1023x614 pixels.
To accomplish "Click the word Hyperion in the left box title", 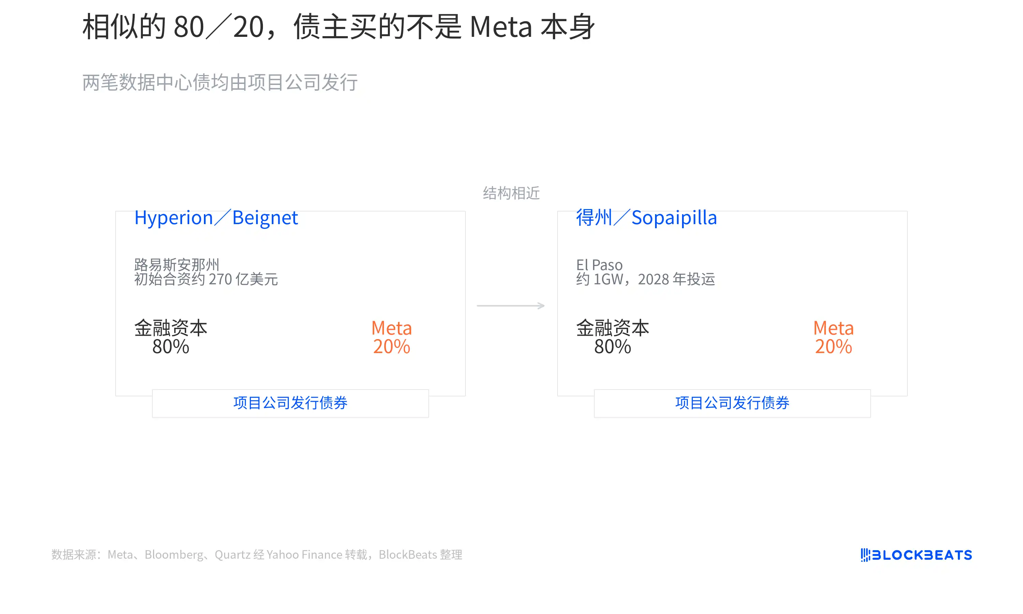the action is pos(174,218).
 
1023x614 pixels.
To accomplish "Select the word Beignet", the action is pos(265,218).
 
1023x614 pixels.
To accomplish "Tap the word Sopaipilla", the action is pos(674,218).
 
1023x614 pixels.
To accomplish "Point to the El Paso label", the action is pos(599,265).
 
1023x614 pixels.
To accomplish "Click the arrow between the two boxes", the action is pos(511,306).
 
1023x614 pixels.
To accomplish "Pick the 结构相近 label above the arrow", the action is pos(511,193).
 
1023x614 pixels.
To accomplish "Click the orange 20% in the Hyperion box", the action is pos(391,347).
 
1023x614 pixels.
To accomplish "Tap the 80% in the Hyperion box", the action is pos(171,347).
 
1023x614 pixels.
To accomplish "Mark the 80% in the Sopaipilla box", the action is pos(612,347).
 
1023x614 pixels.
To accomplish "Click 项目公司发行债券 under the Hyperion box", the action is pos(290,403).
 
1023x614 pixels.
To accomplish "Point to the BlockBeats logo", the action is pos(916,555).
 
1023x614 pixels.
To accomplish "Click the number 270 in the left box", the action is pos(220,279).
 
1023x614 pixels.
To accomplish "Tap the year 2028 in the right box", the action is pos(653,279).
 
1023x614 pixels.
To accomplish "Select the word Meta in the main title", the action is pos(501,27).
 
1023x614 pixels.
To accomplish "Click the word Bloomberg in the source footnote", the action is pos(174,554).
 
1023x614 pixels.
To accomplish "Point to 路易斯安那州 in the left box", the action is pos(177,265).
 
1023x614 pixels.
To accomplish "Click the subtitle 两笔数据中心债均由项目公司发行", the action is pos(220,82).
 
